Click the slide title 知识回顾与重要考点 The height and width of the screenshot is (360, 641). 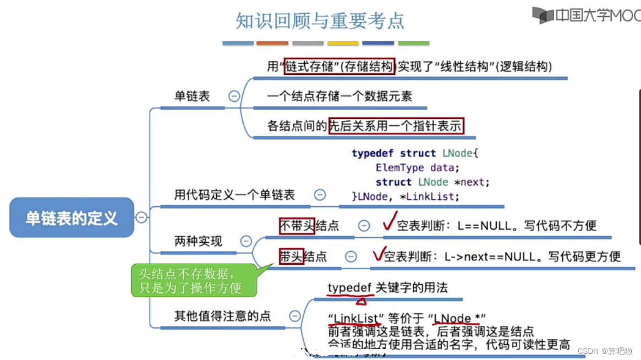coord(320,21)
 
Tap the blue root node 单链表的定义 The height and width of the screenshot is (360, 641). coord(72,218)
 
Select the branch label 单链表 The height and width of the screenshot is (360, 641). coord(192,96)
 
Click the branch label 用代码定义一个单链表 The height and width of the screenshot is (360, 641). coord(234,195)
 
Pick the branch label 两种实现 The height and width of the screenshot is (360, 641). coord(198,241)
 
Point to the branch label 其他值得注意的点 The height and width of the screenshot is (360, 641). coord(222,316)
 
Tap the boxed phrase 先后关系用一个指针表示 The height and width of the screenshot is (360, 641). coord(396,127)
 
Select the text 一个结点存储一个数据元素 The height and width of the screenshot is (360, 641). coord(339,96)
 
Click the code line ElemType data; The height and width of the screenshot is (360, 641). coord(417,167)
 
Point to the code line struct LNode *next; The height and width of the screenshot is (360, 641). coord(432,182)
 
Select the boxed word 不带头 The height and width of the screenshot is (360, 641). coord(297,226)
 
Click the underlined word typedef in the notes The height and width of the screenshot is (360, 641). coord(349,288)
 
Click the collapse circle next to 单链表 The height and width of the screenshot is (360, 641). coord(234,96)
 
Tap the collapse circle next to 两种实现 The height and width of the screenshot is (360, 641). coord(246,241)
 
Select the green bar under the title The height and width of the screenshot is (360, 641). coord(413,43)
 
